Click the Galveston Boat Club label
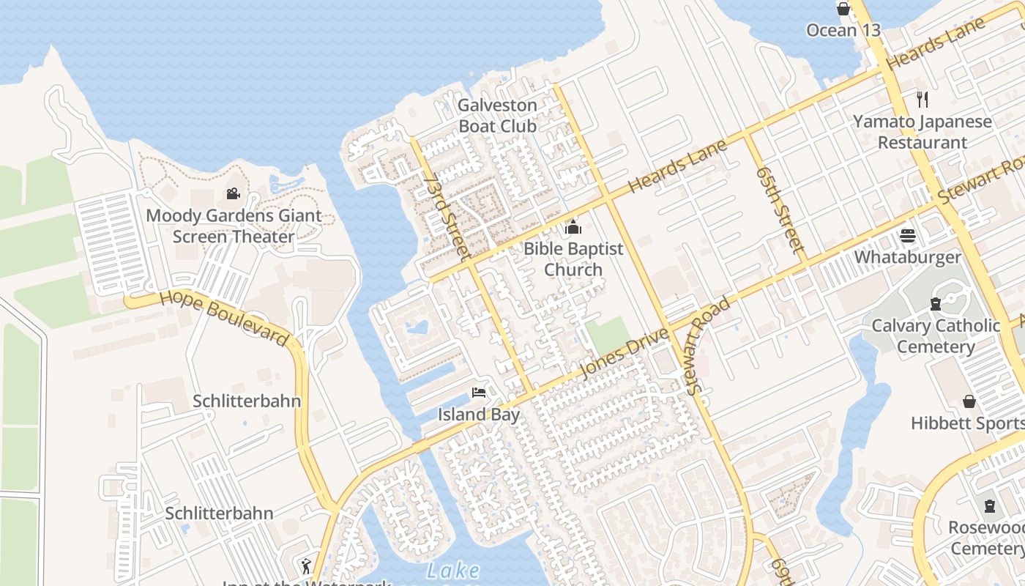point(497,116)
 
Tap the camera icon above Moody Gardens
point(233,194)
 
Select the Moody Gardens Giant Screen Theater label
point(234,226)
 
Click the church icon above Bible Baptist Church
point(573,228)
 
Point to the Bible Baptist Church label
point(573,259)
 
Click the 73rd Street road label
point(445,217)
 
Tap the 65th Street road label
point(781,209)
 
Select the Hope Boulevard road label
point(224,317)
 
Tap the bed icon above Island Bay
point(479,393)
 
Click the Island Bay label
point(479,415)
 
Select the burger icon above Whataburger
point(908,236)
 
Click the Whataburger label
point(908,257)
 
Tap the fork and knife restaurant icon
point(922,100)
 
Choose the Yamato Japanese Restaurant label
point(922,132)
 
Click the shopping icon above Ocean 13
point(843,9)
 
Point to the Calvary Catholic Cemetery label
point(936,336)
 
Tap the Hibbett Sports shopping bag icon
point(969,401)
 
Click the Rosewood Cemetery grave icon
point(990,506)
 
